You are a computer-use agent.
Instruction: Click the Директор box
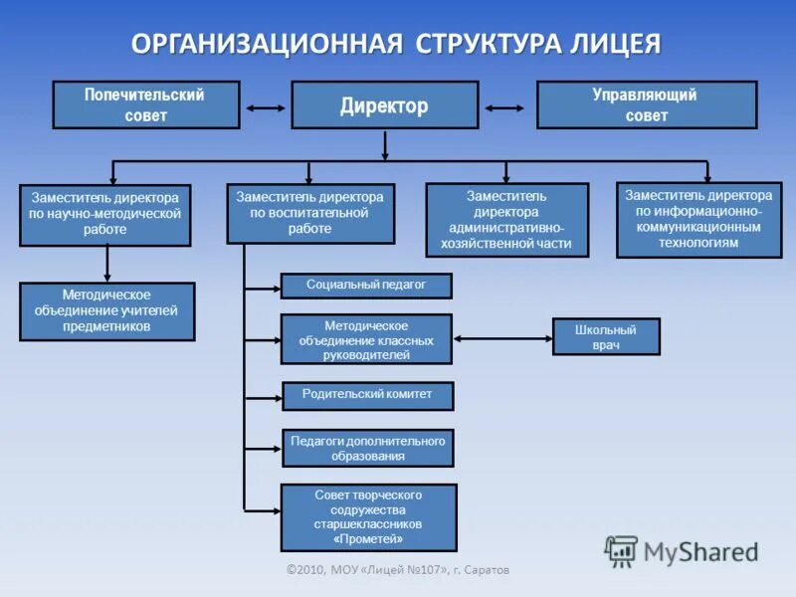click(x=384, y=105)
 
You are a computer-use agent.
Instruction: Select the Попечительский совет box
click(x=145, y=105)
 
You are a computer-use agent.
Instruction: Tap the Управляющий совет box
click(x=646, y=105)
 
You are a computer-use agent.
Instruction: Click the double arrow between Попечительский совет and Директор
click(x=265, y=107)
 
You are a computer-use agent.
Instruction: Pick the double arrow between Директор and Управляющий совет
click(x=505, y=107)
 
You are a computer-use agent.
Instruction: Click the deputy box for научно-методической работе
click(x=104, y=215)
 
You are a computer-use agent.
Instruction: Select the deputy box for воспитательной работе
click(x=310, y=214)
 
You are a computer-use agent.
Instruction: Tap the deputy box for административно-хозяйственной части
click(x=507, y=220)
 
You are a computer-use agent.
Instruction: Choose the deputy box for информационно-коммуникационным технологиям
click(x=698, y=219)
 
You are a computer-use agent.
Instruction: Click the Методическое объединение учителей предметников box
click(x=106, y=311)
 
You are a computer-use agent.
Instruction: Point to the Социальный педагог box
click(x=366, y=286)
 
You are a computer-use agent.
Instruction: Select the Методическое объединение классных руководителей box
click(x=366, y=339)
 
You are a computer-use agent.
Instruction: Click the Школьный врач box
click(x=606, y=337)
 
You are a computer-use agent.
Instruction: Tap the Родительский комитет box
click(x=367, y=395)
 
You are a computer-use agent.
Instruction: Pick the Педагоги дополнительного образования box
click(x=367, y=449)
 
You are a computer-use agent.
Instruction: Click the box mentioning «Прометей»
click(x=368, y=517)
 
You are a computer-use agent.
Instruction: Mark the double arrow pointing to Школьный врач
click(x=502, y=338)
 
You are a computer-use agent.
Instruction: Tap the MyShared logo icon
click(x=622, y=550)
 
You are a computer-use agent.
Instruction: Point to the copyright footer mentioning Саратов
click(x=398, y=570)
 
